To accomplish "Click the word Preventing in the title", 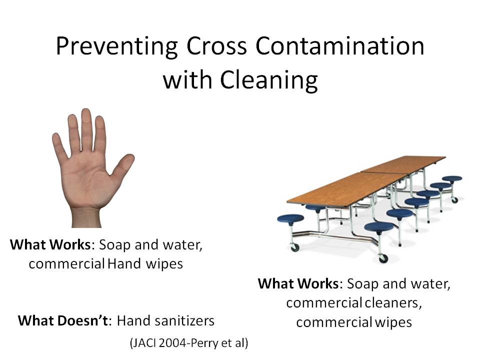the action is (116, 47).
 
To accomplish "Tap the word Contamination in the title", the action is (340, 46).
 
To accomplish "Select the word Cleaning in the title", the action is (269, 80).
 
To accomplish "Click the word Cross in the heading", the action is (216, 46).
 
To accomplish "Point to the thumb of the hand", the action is (123, 165).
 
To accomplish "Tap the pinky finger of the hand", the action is (59, 146).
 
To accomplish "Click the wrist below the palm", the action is (86, 218).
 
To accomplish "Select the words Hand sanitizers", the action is (165, 321).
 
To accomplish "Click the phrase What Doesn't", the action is (63, 321).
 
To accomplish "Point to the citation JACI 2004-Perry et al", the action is (189, 343).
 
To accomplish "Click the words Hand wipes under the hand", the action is (145, 264).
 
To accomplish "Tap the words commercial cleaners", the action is (354, 303).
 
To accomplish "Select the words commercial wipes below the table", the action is (354, 322).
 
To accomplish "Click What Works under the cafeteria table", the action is (298, 284).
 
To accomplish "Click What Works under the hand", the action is (50, 245).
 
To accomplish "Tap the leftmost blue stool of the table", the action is (290, 219).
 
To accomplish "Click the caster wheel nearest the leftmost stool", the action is (295, 247).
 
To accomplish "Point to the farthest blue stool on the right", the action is (452, 179).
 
